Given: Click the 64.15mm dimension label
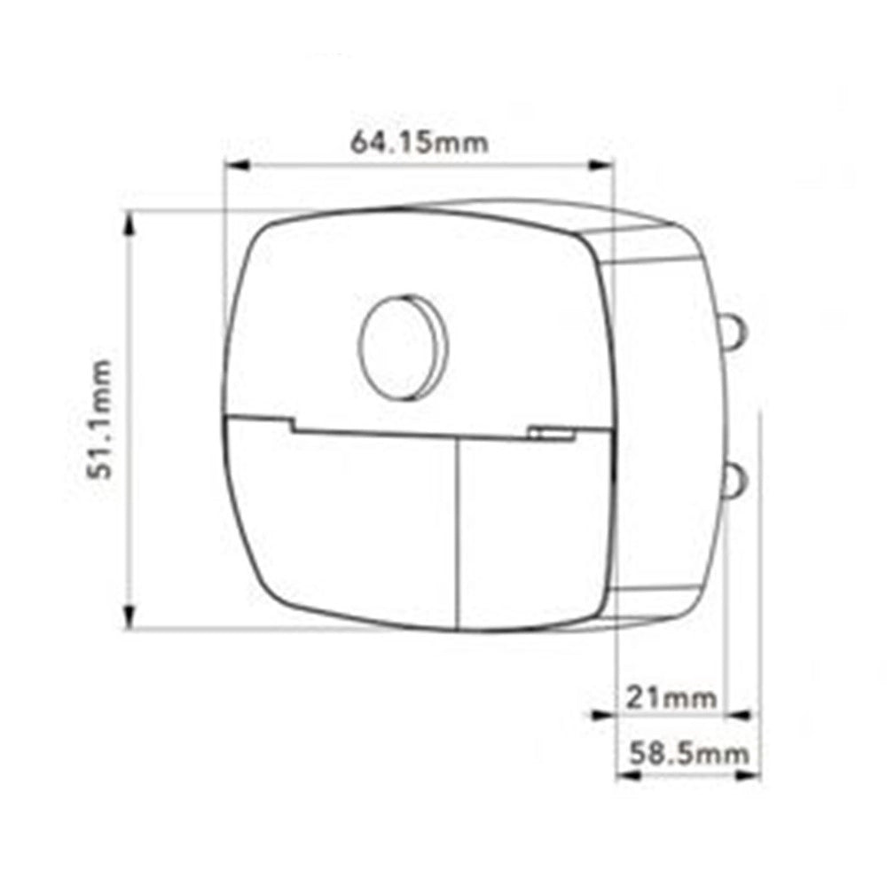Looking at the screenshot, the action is pos(420,142).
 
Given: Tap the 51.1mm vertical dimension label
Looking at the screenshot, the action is pos(101,420).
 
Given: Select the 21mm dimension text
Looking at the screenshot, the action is pos(671,698).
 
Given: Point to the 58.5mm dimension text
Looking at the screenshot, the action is pos(689,753).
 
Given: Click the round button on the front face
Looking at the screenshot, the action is pos(403,348).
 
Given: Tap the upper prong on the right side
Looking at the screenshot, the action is pos(734,332).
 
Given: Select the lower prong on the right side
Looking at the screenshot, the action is pos(734,482).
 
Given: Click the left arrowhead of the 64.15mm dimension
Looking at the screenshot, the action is pos(238,165).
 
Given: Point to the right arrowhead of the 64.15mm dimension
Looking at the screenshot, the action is pos(600,165).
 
